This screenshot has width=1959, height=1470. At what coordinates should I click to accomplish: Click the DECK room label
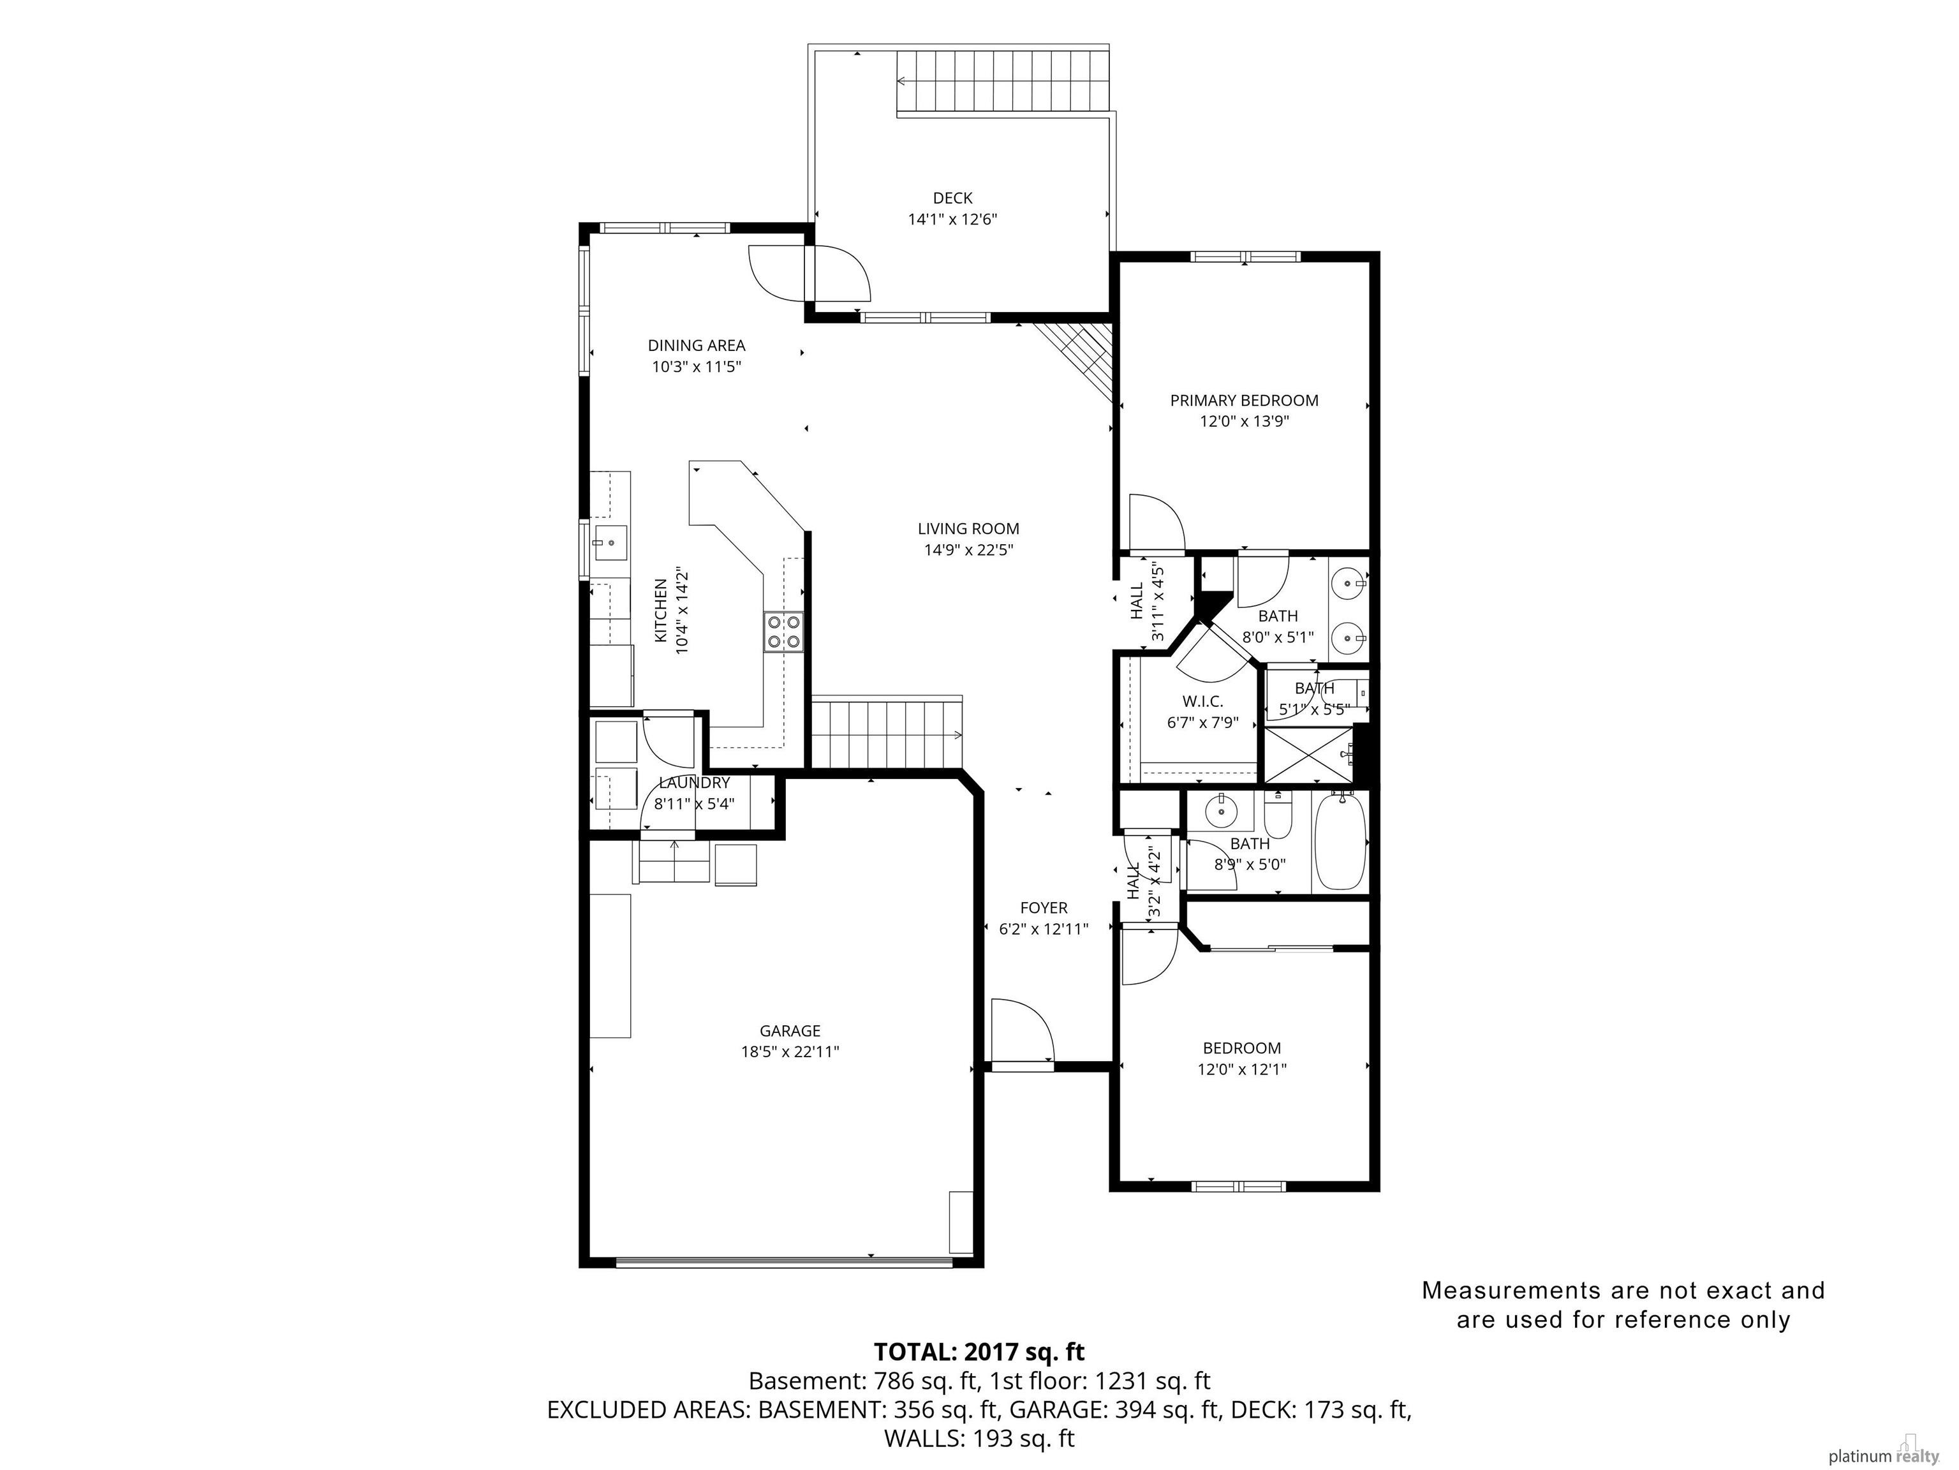952,198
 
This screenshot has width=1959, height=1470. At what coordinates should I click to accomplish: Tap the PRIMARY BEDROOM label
1245,400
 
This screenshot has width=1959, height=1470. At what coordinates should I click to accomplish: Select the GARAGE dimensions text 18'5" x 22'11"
790,1052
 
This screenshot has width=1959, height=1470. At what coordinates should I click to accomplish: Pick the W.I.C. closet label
1202,701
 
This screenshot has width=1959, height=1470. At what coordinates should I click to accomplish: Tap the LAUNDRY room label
694,783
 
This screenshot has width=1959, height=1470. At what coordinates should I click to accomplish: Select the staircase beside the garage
887,733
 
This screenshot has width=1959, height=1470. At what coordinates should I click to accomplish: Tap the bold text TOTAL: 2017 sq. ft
979,1351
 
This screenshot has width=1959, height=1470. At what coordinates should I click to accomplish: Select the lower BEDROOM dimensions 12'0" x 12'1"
1241,1069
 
